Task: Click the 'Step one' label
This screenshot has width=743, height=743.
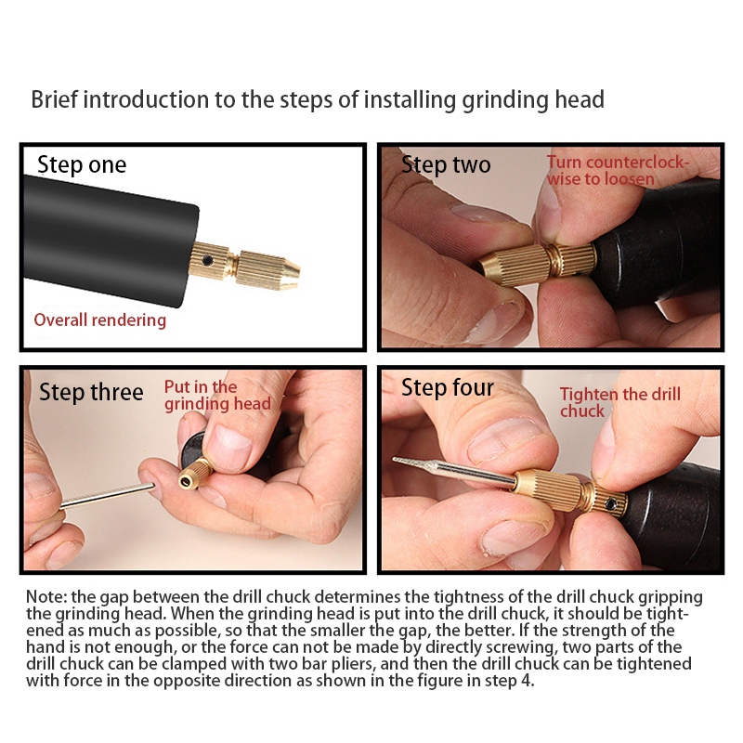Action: point(82,165)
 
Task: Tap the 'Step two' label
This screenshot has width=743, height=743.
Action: point(446,165)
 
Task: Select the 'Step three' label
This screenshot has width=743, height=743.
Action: point(91,393)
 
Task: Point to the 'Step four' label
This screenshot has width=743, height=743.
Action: point(448,387)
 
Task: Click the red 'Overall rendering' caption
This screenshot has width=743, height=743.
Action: point(100,320)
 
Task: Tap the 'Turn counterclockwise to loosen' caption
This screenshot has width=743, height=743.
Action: point(618,170)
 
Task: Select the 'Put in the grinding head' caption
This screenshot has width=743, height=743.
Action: point(217,395)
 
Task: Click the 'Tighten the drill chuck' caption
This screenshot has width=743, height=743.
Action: point(619,402)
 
